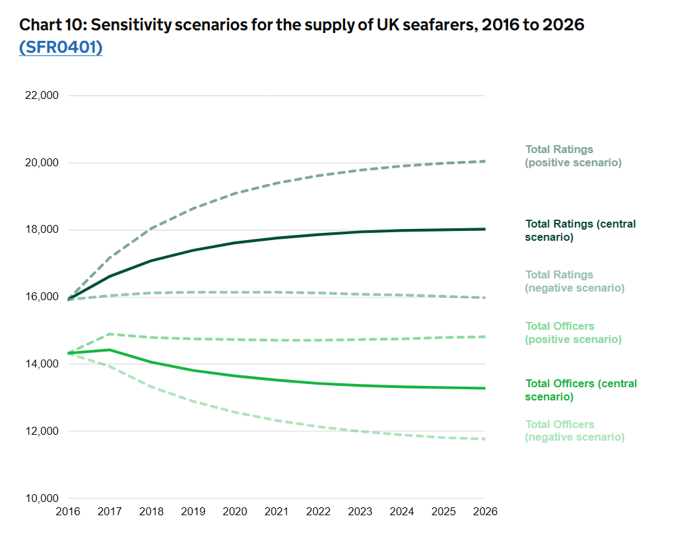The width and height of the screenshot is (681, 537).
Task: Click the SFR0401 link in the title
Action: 61,47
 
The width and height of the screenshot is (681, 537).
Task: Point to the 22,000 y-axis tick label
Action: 42,96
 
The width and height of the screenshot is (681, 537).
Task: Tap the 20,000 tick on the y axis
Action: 42,163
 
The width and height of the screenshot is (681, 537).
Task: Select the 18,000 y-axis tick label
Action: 42,230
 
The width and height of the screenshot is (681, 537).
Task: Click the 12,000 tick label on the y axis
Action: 42,431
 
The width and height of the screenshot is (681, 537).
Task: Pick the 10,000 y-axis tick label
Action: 42,499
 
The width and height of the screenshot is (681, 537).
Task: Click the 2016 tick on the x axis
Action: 68,511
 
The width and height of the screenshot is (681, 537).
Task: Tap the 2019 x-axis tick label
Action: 193,511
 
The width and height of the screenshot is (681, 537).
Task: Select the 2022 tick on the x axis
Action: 319,511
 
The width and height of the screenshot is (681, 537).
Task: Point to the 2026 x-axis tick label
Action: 486,511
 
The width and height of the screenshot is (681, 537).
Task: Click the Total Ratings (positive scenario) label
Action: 573,156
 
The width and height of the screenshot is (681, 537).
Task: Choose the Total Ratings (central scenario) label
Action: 580,230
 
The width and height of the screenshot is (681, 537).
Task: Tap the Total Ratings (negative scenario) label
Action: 574,281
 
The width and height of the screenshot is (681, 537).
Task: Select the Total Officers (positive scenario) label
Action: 573,332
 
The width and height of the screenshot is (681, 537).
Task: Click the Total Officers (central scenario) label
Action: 581,390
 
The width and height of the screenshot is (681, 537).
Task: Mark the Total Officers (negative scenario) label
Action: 574,431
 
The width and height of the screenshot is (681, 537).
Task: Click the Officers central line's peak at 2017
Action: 110,350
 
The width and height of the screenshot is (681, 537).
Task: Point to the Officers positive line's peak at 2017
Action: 110,334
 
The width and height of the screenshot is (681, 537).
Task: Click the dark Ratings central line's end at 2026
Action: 485,229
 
